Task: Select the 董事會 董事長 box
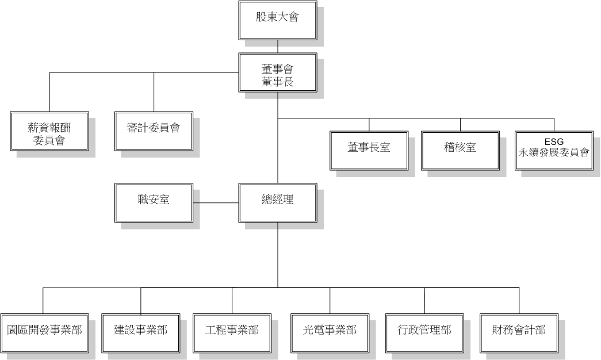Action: coord(278,72)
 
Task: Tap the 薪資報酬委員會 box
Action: coord(49,131)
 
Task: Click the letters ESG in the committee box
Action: coord(554,141)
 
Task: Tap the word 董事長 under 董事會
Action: coord(278,82)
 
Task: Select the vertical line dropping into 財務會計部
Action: coord(519,301)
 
